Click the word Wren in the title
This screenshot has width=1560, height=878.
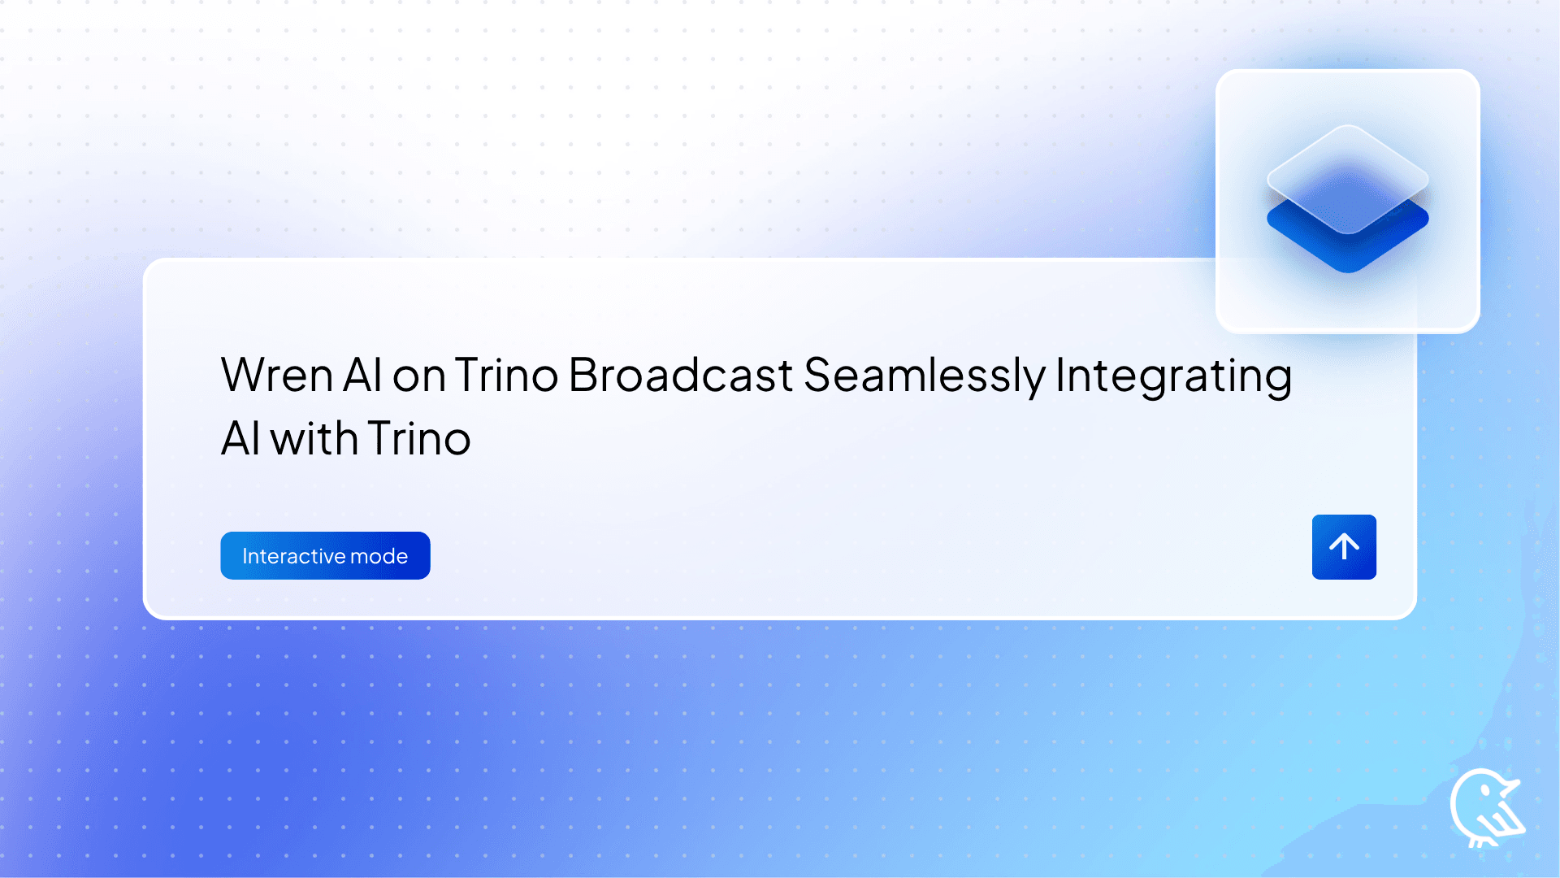pyautogui.click(x=277, y=376)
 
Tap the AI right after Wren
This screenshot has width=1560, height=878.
pyautogui.click(x=362, y=376)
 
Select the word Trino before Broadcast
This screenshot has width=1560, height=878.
pyautogui.click(x=505, y=376)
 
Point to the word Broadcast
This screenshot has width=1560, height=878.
pyautogui.click(x=680, y=376)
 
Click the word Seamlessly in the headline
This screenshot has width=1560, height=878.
pyautogui.click(x=924, y=377)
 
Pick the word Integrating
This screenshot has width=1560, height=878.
pyautogui.click(x=1173, y=377)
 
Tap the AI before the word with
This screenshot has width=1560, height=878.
pyautogui.click(x=240, y=439)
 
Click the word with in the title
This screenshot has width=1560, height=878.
pyautogui.click(x=314, y=439)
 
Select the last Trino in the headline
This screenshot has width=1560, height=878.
pyautogui.click(x=418, y=439)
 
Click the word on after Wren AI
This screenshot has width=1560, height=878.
pyautogui.click(x=418, y=377)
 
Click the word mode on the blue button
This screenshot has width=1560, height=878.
pyautogui.click(x=379, y=556)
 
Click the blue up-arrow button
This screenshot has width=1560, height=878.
pyautogui.click(x=1344, y=547)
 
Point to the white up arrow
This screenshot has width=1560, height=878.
pyautogui.click(x=1344, y=546)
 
